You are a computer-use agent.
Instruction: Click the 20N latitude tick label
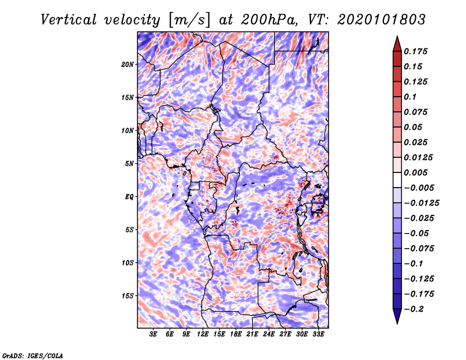click(128, 65)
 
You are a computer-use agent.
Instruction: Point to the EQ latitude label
click(129, 197)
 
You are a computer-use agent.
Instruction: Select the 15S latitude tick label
click(128, 296)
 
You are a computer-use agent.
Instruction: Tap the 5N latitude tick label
click(129, 164)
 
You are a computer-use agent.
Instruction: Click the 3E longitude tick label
click(153, 334)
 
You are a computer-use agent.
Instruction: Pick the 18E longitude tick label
click(236, 334)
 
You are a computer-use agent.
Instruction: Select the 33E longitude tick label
click(318, 334)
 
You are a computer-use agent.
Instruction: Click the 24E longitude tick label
click(269, 334)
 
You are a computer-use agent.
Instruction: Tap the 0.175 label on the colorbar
click(415, 51)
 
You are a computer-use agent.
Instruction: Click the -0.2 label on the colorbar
click(414, 309)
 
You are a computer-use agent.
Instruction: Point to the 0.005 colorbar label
click(415, 172)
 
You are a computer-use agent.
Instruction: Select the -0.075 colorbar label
click(419, 249)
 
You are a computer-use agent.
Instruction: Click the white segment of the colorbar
click(397, 180)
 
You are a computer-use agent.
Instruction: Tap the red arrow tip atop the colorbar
click(397, 37)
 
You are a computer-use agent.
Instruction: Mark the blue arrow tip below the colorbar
click(397, 323)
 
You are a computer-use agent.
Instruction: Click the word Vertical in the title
click(69, 20)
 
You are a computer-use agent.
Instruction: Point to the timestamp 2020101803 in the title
click(382, 20)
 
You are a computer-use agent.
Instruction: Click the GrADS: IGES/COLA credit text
click(33, 355)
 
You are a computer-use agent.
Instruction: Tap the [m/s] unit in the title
click(189, 20)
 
